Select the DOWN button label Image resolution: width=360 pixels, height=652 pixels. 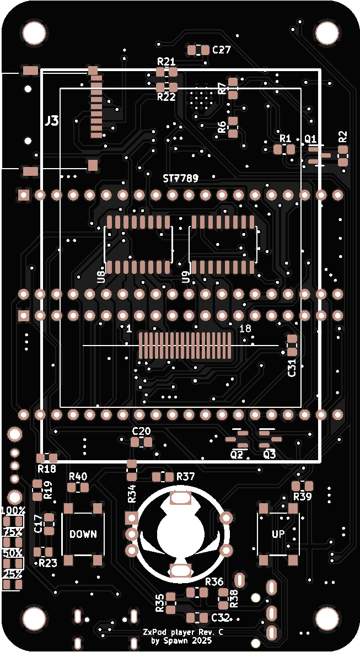coord(83,534)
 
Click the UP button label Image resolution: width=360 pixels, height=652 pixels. coord(278,534)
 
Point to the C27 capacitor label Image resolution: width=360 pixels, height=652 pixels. coord(221,50)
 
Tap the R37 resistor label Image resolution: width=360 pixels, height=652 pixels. coord(185,476)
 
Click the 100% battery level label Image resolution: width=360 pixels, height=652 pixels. coord(13,510)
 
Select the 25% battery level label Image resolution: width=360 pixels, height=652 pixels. coord(12,574)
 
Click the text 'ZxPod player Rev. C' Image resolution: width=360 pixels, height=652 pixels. coord(183,633)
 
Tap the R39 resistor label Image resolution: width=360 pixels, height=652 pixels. coord(302,497)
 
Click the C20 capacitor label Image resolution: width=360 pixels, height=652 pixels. coord(141,431)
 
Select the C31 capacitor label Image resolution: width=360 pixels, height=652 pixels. coord(292,368)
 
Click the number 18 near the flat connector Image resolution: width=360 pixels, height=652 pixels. coord(245,328)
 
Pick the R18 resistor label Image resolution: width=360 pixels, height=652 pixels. coord(47,469)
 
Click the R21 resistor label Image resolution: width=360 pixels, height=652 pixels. coord(166,61)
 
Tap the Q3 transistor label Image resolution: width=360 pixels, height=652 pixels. coord(270,455)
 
